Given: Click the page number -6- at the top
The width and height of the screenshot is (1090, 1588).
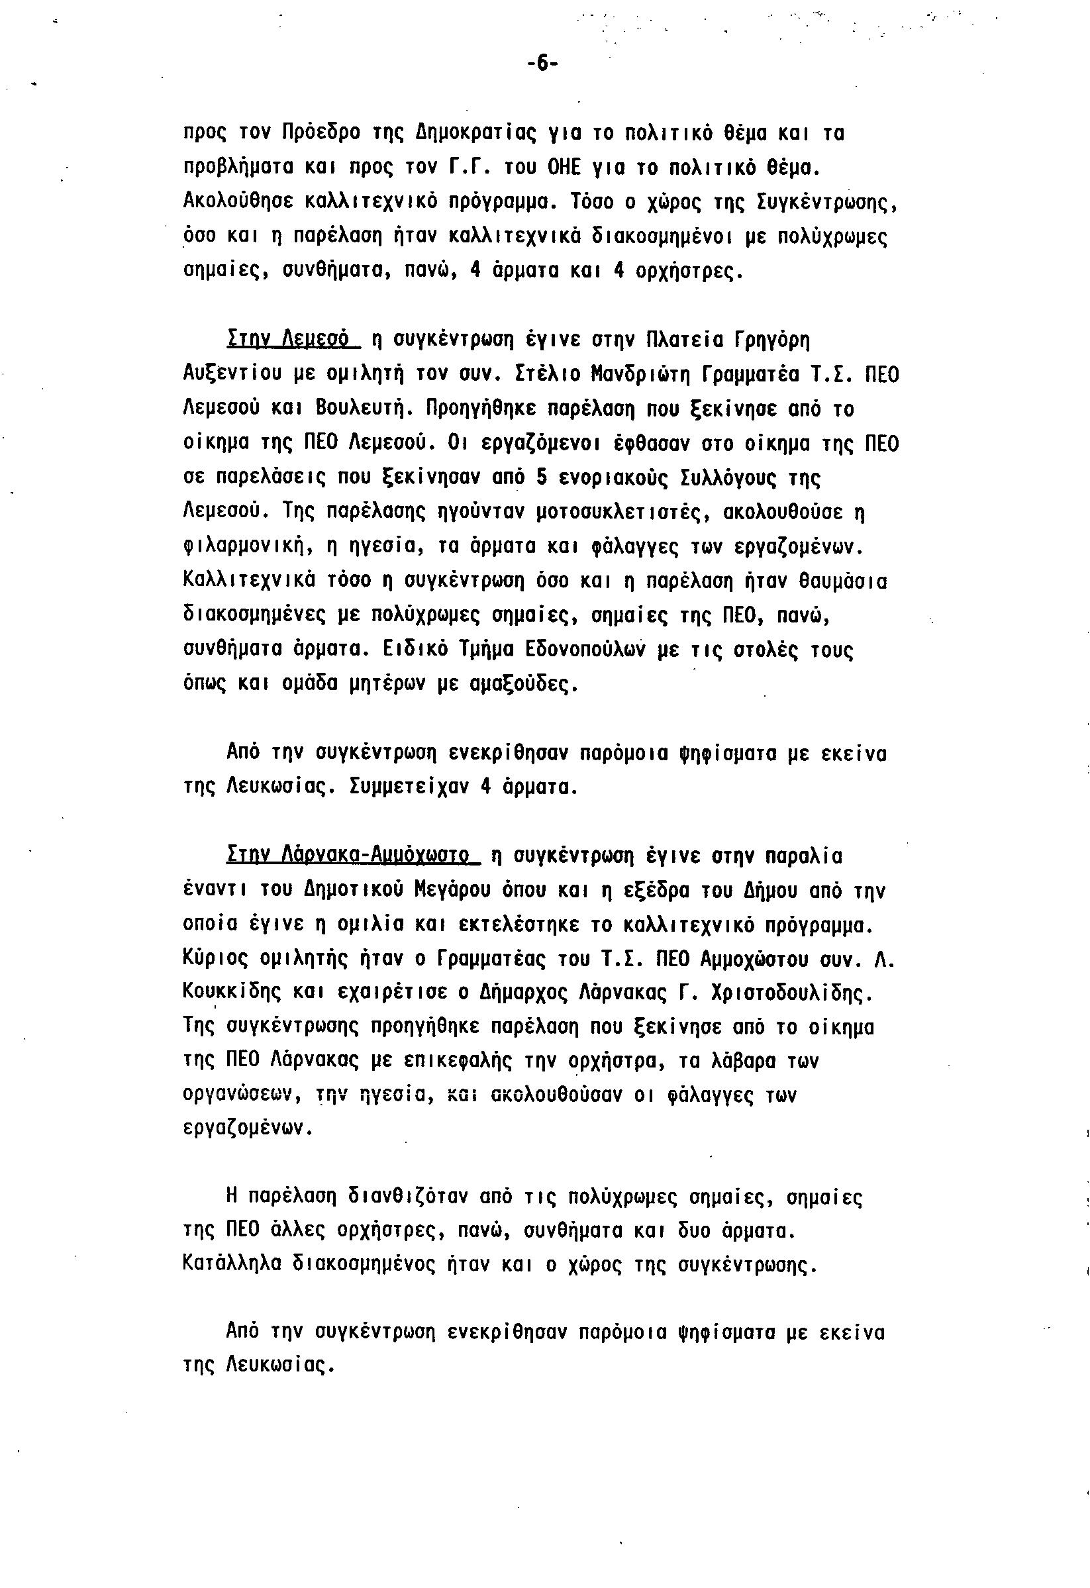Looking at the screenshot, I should point(542,64).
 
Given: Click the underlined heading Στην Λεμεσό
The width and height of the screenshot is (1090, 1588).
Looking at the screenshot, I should point(287,339).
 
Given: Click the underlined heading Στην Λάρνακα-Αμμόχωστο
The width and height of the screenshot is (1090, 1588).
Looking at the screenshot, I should point(348,856).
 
